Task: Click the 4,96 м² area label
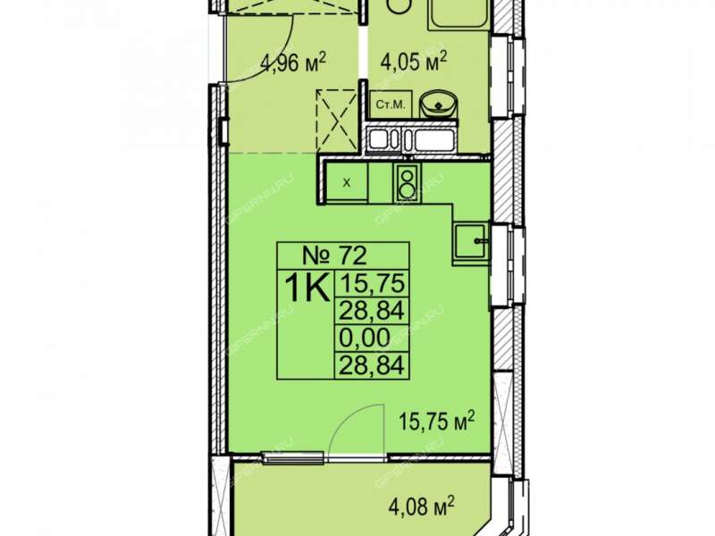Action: pyautogui.click(x=293, y=63)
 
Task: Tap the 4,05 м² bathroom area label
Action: pyautogui.click(x=413, y=62)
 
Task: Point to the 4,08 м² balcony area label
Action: pyautogui.click(x=422, y=507)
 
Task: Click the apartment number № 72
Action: pyautogui.click(x=334, y=255)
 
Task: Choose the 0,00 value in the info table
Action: pyautogui.click(x=366, y=338)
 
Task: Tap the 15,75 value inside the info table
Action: pyautogui.click(x=373, y=283)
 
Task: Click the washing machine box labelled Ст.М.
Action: pyautogui.click(x=391, y=105)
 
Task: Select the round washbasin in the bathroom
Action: pyautogui.click(x=438, y=105)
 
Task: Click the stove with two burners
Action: pyautogui.click(x=408, y=182)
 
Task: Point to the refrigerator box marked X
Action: pyautogui.click(x=347, y=182)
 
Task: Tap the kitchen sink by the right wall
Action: pyautogui.click(x=470, y=241)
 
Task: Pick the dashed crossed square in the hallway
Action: pyautogui.click(x=337, y=121)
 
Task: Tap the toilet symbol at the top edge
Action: pyautogui.click(x=400, y=6)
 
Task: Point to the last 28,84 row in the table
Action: pyautogui.click(x=373, y=364)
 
